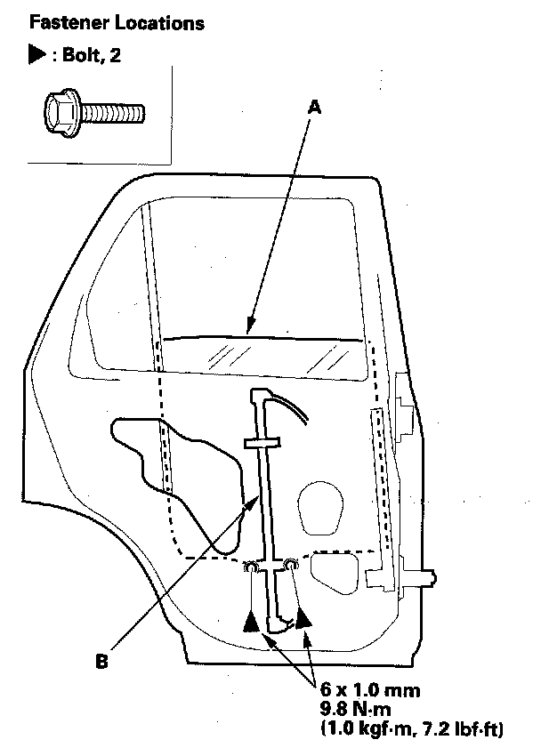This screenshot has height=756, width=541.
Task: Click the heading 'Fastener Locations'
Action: coord(116,22)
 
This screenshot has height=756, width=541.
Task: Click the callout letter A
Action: coord(313,106)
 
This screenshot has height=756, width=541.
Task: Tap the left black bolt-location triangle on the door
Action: coord(253,621)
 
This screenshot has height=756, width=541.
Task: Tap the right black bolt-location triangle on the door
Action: coord(303,619)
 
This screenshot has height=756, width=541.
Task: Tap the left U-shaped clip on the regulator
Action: coord(252,567)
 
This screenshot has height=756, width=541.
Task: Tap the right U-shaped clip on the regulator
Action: coord(290,564)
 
